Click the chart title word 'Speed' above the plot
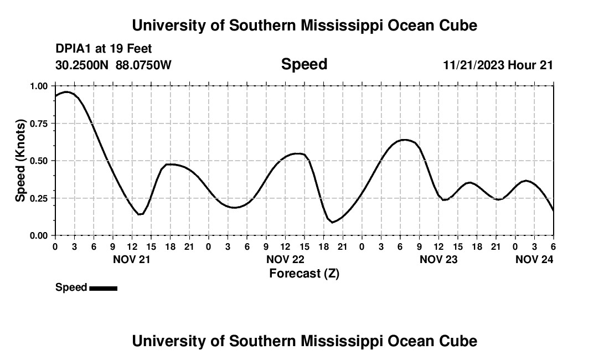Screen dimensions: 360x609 (x=304, y=64)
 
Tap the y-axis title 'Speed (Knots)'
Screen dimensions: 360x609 (x=20, y=161)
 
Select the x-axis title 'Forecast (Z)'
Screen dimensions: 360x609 (x=304, y=273)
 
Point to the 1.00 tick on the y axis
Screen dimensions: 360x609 (x=39, y=86)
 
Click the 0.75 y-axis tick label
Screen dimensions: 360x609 (x=39, y=124)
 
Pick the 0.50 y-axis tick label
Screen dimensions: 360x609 (x=39, y=161)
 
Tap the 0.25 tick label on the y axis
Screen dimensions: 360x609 (x=39, y=198)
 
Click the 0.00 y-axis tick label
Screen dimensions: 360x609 (x=39, y=235)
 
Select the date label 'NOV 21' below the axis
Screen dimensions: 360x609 (x=132, y=259)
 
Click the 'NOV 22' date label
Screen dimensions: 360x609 (x=285, y=259)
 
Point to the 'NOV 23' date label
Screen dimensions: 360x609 (x=438, y=259)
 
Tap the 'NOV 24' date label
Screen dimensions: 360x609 (x=534, y=259)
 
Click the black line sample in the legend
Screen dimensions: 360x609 (x=103, y=288)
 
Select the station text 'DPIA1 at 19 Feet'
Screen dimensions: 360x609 (x=104, y=49)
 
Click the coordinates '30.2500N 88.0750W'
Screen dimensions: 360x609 (x=113, y=65)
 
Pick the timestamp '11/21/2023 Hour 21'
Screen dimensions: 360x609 (x=498, y=65)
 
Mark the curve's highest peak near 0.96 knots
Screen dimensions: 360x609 (x=66, y=92)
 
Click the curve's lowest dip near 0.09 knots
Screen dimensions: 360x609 (x=333, y=222)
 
